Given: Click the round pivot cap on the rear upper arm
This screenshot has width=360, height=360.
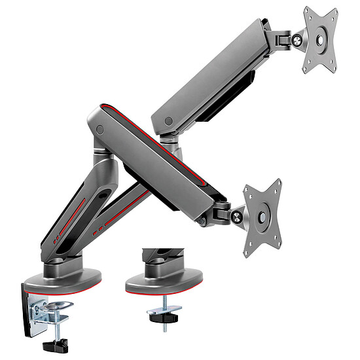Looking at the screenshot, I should pos(170,122).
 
